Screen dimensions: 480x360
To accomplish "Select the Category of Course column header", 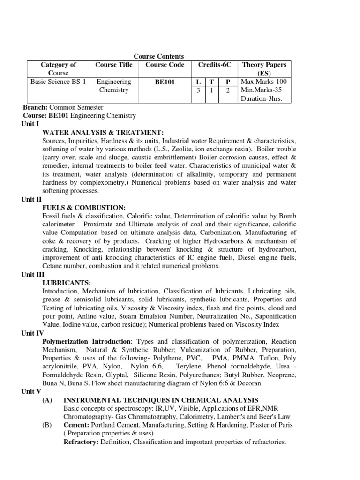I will click(59, 69).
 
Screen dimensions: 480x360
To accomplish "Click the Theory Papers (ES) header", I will click(264, 69).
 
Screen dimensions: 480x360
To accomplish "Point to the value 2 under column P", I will click(227, 90).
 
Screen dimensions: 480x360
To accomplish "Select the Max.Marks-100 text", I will click(263, 82).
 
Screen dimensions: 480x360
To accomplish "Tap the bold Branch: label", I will click(35, 107).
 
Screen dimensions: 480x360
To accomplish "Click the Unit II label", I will click(32, 199).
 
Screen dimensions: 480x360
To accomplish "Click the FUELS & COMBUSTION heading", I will click(83, 207).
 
